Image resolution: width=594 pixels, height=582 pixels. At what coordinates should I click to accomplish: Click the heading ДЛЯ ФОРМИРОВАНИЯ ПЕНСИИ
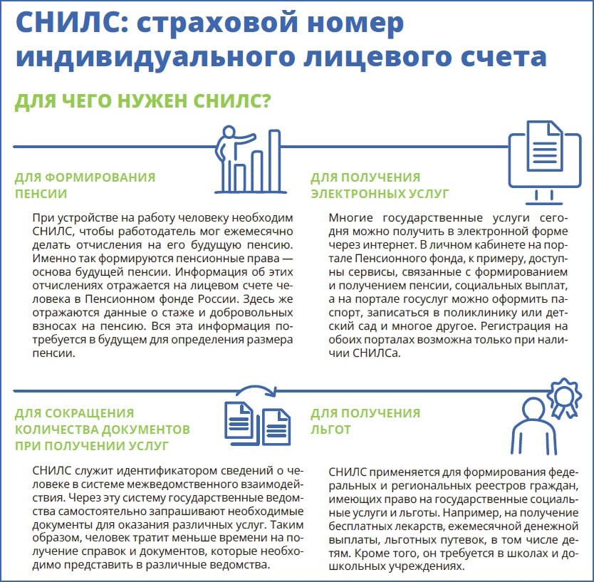pyautogui.click(x=85, y=184)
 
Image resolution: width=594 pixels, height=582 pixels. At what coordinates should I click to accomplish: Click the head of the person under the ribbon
pyautogui.click(x=534, y=412)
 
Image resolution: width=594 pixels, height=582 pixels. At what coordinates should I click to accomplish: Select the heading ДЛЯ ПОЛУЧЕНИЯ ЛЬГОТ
pyautogui.click(x=365, y=420)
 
